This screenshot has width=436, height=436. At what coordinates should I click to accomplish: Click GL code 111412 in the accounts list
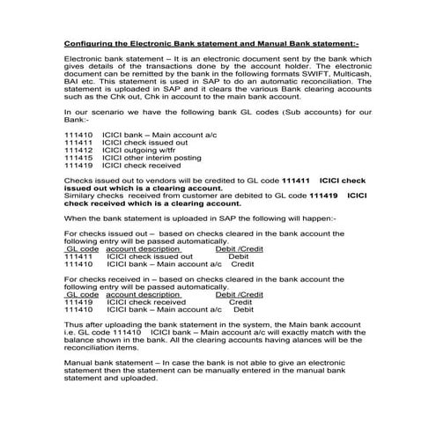78,151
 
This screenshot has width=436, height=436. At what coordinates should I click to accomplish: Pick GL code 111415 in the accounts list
78,158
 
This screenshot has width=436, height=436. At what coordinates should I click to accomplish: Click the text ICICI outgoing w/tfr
140,151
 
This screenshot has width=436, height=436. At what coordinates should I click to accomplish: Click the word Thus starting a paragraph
73,324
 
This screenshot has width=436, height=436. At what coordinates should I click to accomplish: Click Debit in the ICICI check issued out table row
239,255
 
